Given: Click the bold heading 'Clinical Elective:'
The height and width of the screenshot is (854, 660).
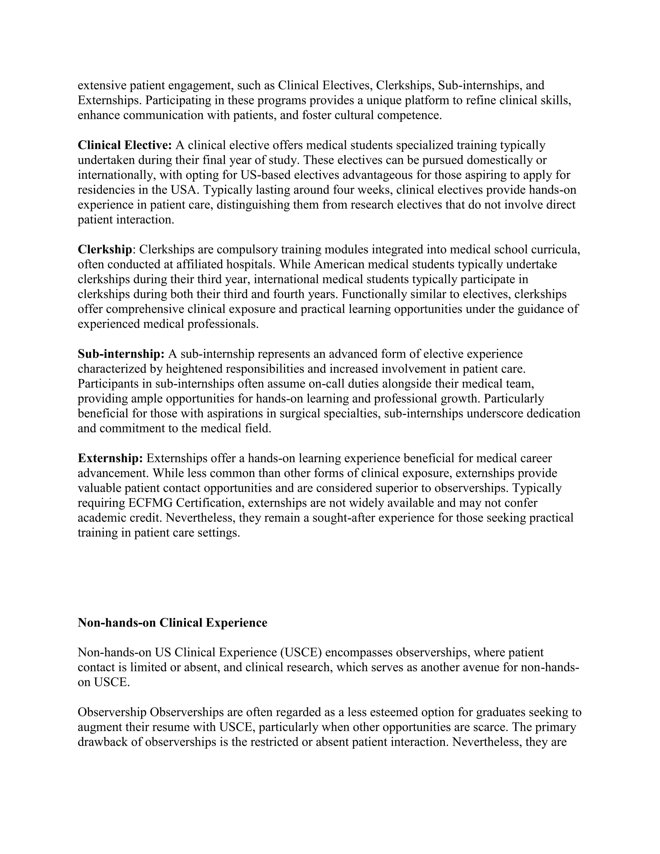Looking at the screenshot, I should (125, 145).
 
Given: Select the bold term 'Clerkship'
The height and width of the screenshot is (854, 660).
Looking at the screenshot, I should (105, 249).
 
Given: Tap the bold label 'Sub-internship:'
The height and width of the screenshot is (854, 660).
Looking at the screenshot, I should (121, 354).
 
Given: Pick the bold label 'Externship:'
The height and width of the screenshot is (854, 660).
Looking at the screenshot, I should (110, 458).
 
